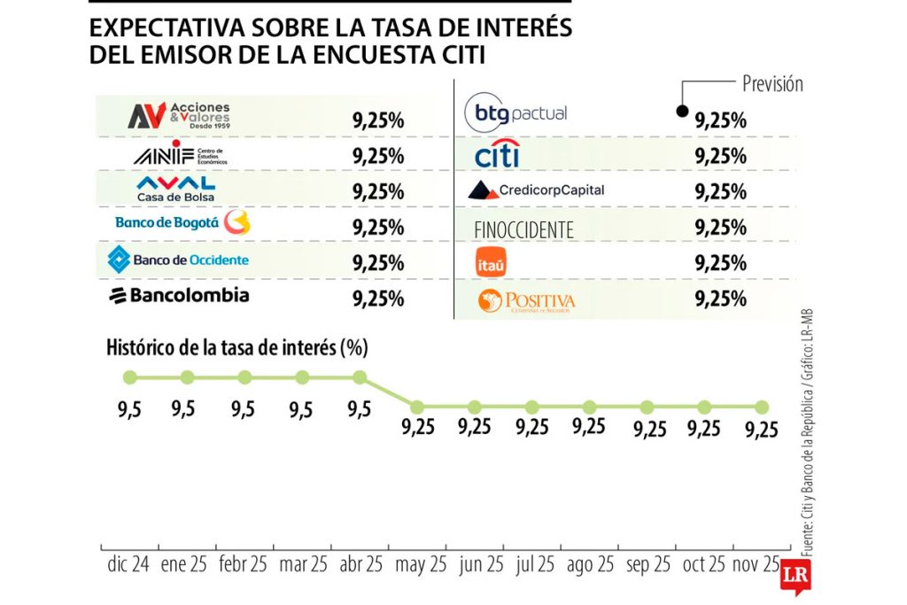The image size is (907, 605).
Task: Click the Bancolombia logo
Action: pos(178,296)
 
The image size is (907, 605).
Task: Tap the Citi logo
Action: pos(496,156)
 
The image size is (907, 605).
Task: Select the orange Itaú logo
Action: pos(491,263)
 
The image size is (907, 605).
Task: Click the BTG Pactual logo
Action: pos(516,113)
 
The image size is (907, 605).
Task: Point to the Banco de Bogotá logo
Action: pos(182,222)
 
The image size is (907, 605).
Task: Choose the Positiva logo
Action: pos(526,301)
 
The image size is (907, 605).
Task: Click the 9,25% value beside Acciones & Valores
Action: pos(378,120)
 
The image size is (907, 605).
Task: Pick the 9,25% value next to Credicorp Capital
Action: pos(721,192)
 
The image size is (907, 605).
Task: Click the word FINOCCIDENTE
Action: pos(523,229)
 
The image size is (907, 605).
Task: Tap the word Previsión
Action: pos(772,84)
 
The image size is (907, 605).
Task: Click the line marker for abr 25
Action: pos(360,377)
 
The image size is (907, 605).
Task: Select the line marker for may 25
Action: pos(417,407)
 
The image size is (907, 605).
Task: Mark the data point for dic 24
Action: pos(130,377)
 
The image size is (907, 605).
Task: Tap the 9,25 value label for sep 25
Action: pos(650,429)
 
